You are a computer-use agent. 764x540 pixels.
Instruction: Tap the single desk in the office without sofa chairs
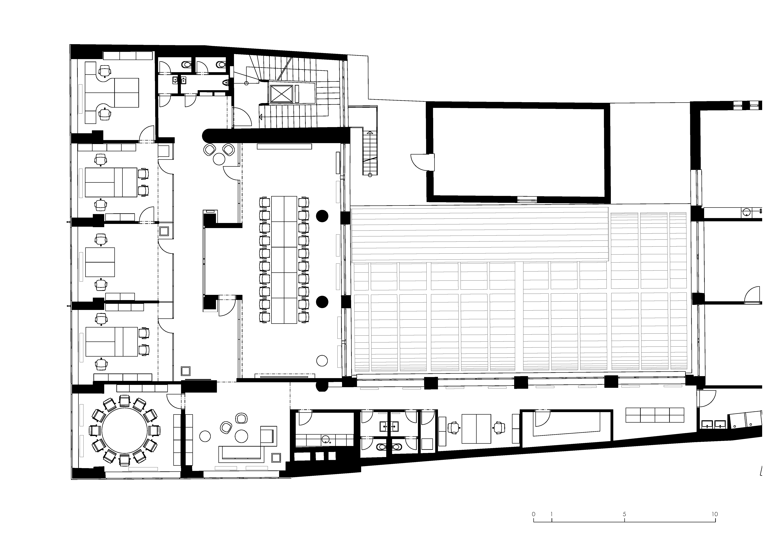click(100, 262)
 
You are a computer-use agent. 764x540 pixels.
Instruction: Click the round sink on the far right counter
click(746, 212)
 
